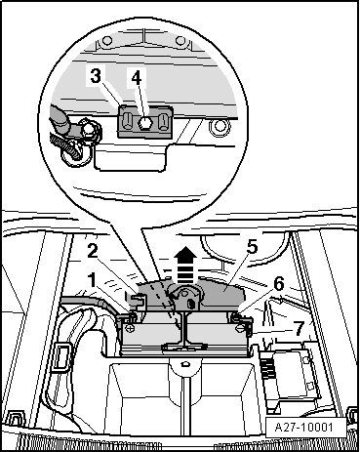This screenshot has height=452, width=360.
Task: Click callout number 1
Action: (x=93, y=280)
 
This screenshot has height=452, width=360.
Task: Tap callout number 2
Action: (x=93, y=252)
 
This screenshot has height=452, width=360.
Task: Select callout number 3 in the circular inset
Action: (x=96, y=77)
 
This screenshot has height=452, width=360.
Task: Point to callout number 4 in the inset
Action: (x=137, y=78)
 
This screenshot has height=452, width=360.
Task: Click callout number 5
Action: (x=252, y=247)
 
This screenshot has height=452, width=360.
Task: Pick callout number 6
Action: (x=279, y=284)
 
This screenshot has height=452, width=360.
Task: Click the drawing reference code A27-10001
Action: (x=303, y=427)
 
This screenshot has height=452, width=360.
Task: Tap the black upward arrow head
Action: (x=185, y=253)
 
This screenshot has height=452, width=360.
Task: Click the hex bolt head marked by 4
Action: (x=144, y=123)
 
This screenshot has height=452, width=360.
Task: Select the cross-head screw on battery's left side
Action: (x=130, y=328)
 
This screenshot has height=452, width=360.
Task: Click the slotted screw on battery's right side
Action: (x=241, y=329)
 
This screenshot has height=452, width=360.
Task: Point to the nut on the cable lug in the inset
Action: (x=89, y=130)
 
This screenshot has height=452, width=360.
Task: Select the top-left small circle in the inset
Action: (x=107, y=41)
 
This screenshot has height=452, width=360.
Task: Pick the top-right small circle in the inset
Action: (x=180, y=41)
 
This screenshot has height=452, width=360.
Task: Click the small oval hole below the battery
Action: (x=185, y=363)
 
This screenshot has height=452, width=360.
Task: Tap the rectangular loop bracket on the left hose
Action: (x=60, y=356)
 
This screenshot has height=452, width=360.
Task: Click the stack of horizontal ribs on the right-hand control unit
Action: (x=267, y=367)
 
